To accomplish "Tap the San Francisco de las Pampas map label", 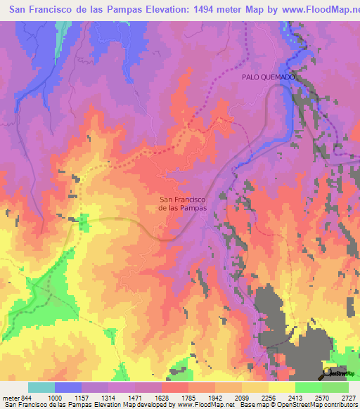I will (181, 203).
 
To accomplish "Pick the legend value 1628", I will (165, 397).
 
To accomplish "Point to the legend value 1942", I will (218, 397).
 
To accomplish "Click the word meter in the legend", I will (11, 397).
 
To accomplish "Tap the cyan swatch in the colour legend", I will (41, 387).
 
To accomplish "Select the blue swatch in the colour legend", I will (68, 387).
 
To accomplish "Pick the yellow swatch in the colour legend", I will (281, 387).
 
